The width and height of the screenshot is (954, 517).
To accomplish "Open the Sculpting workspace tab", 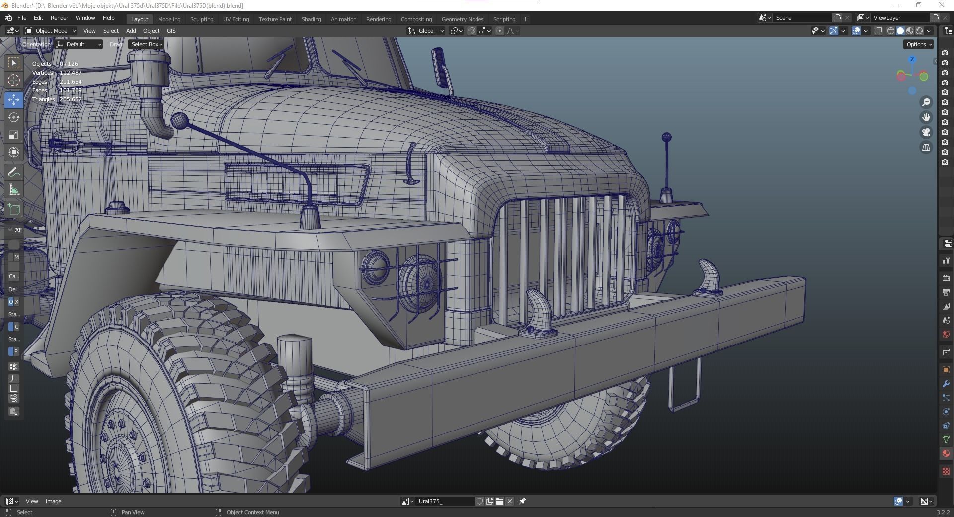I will coord(201,19).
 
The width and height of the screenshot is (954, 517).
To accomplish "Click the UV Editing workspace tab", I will coord(236,19).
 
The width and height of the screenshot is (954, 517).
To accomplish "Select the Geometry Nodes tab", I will coord(462,19).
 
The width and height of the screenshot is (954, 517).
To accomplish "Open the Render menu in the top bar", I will coord(59,18).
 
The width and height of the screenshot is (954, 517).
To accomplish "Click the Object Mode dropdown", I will coord(51,31).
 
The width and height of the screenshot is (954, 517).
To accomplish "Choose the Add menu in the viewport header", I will coord(131,31).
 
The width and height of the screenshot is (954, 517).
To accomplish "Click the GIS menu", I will coord(171,31).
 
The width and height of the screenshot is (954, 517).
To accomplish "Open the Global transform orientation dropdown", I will coord(426,31).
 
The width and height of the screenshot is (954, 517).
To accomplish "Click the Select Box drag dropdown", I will coord(147,44).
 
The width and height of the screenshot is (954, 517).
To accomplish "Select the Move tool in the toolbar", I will coord(14,100).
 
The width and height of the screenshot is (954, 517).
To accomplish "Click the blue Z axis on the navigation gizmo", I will coord(912,60).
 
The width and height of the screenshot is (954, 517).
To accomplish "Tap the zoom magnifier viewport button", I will coord(926,102).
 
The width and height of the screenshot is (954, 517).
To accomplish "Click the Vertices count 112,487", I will coord(70,73).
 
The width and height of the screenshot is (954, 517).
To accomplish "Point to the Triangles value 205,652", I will coord(70,99).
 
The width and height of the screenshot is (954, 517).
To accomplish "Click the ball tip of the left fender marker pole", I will coord(179,120).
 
